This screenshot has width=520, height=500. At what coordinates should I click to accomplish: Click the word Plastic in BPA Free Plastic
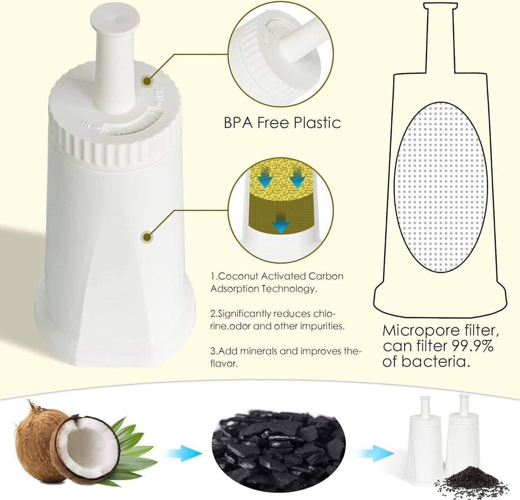(317, 123)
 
